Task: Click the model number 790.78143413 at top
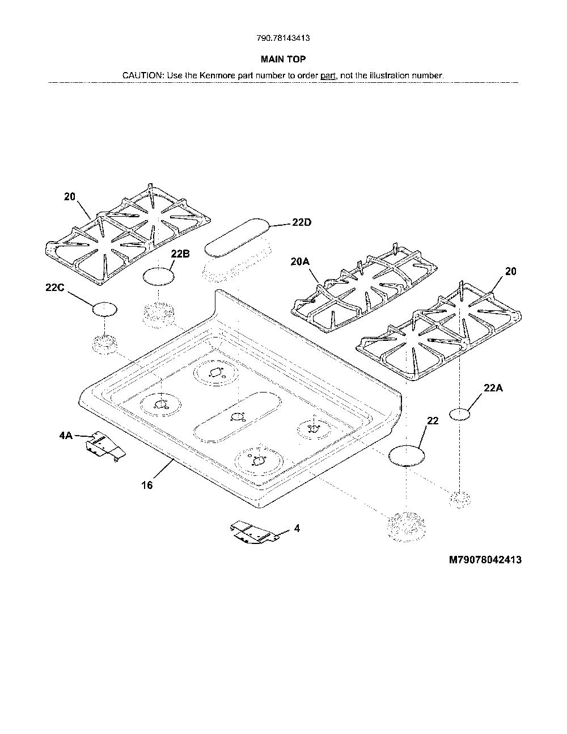tap(283, 38)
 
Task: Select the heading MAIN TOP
tap(283, 60)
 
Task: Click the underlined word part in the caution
tap(328, 75)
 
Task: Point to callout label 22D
tap(302, 222)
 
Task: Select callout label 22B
tap(180, 254)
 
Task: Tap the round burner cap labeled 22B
tap(159, 277)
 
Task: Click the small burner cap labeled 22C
tap(105, 309)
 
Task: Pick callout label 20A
tap(301, 261)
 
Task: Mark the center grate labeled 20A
tap(364, 288)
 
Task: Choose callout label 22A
tap(493, 388)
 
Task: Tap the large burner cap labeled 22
tap(407, 455)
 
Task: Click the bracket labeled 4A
tap(105, 446)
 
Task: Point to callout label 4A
tap(66, 436)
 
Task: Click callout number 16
tap(147, 486)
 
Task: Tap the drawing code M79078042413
tap(485, 560)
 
